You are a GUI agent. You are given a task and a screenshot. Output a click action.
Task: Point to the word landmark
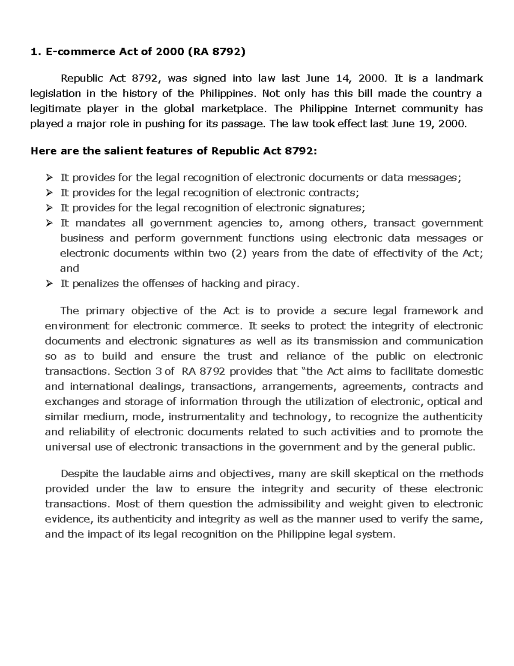click(x=459, y=78)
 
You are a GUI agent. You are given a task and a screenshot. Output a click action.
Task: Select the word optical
click(x=444, y=402)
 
